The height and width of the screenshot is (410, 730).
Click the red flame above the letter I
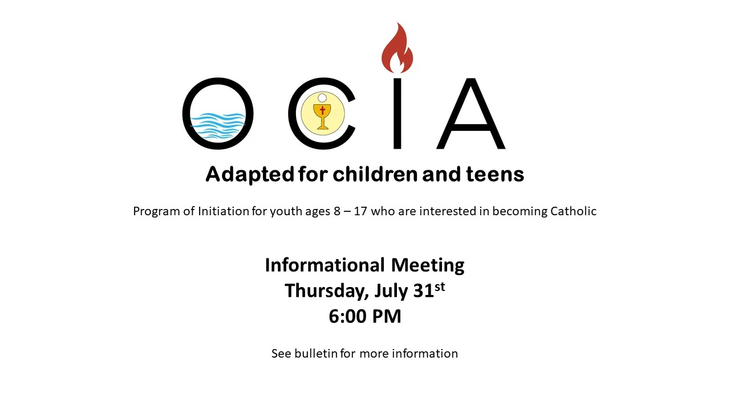[398, 49]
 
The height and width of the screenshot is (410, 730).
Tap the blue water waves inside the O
[218, 126]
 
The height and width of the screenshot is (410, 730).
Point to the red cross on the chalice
[323, 110]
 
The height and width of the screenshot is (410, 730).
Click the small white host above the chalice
[322, 98]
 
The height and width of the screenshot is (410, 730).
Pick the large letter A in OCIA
[471, 113]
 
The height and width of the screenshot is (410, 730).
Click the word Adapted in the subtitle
[250, 174]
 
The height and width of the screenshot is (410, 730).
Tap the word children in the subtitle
[375, 174]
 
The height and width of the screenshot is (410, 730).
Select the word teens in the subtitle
[495, 174]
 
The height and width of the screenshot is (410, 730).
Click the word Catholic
[573, 211]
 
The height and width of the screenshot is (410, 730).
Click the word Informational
[325, 265]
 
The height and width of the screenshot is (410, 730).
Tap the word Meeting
[428, 266]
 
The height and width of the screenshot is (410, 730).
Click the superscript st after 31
[440, 286]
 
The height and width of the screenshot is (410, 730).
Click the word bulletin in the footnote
[316, 354]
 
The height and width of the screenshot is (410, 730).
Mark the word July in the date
[391, 291]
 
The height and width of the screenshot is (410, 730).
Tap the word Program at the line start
[156, 211]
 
